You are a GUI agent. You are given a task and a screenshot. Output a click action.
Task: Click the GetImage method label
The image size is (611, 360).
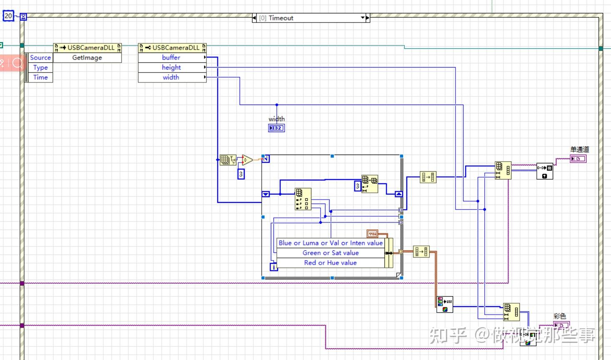pyautogui.click(x=87, y=57)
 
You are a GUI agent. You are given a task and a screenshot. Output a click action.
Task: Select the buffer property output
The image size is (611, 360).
pyautogui.click(x=171, y=57)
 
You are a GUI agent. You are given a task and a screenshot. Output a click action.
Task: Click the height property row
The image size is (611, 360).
pyautogui.click(x=171, y=67)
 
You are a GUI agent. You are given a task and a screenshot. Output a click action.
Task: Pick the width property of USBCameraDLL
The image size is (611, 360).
pyautogui.click(x=171, y=77)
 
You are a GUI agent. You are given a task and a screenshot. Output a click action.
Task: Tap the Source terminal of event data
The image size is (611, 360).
pyautogui.click(x=40, y=57)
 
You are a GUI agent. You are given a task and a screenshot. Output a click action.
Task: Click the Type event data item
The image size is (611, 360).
pyautogui.click(x=40, y=67)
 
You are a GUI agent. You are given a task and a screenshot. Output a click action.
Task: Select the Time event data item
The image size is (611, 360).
pyautogui.click(x=40, y=77)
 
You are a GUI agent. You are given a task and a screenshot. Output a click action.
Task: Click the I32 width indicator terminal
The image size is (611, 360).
pyautogui.click(x=276, y=128)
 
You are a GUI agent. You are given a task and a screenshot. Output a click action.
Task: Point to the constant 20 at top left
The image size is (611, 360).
pyautogui.click(x=8, y=16)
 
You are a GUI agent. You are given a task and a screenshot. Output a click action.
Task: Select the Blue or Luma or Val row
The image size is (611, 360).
pyautogui.click(x=331, y=243)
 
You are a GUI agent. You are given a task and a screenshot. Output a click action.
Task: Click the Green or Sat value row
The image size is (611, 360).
pyautogui.click(x=331, y=253)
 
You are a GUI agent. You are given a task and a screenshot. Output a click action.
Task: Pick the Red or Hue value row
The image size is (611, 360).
pyautogui.click(x=331, y=262)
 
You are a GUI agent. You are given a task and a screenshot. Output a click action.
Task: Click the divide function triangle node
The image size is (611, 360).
pyautogui.click(x=247, y=160)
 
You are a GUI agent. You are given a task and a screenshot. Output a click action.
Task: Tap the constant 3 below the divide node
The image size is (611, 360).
pyautogui.click(x=241, y=174)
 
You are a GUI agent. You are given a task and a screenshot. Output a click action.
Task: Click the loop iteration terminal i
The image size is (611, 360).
pyautogui.click(x=274, y=267)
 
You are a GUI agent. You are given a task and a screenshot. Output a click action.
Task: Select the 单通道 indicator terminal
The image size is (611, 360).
pyautogui.click(x=578, y=158)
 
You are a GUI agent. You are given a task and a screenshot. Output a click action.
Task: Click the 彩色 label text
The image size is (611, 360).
pyautogui.click(x=560, y=316)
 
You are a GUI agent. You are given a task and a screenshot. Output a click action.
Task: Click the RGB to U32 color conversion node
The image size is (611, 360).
pyautogui.click(x=444, y=305)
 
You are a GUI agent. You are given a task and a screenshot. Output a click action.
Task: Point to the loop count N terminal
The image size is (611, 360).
pyautogui.click(x=266, y=159)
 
